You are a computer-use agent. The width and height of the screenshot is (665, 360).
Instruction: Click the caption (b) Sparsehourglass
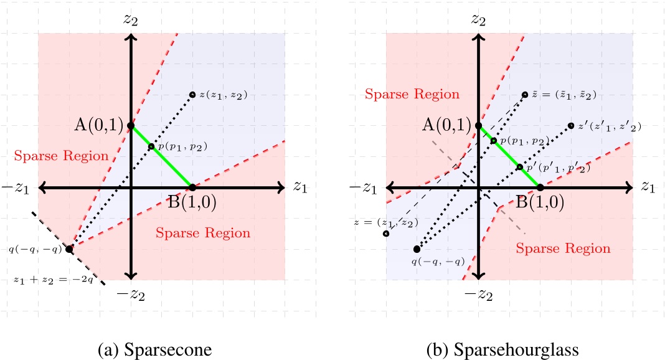502,350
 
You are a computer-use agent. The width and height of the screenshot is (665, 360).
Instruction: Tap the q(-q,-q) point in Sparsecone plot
70,249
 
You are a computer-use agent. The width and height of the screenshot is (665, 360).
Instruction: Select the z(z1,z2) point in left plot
192,95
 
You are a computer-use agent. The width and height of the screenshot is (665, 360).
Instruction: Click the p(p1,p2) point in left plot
151,147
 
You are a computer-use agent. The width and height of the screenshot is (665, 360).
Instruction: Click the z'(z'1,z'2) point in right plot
571,126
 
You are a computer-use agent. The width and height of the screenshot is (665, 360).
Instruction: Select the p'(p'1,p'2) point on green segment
519,167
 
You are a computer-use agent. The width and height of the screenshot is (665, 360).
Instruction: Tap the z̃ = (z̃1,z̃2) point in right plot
525,95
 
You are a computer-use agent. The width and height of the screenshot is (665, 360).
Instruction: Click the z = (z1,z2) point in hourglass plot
386,234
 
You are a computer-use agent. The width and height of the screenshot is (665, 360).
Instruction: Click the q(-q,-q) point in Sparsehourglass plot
417,249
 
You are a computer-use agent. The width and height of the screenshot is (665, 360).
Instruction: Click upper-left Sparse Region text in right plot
412,95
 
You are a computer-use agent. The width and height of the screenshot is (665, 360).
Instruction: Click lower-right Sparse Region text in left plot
203,234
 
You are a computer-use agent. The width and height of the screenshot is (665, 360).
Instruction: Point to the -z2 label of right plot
478,293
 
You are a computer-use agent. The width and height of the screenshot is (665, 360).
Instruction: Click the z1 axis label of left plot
300,186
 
